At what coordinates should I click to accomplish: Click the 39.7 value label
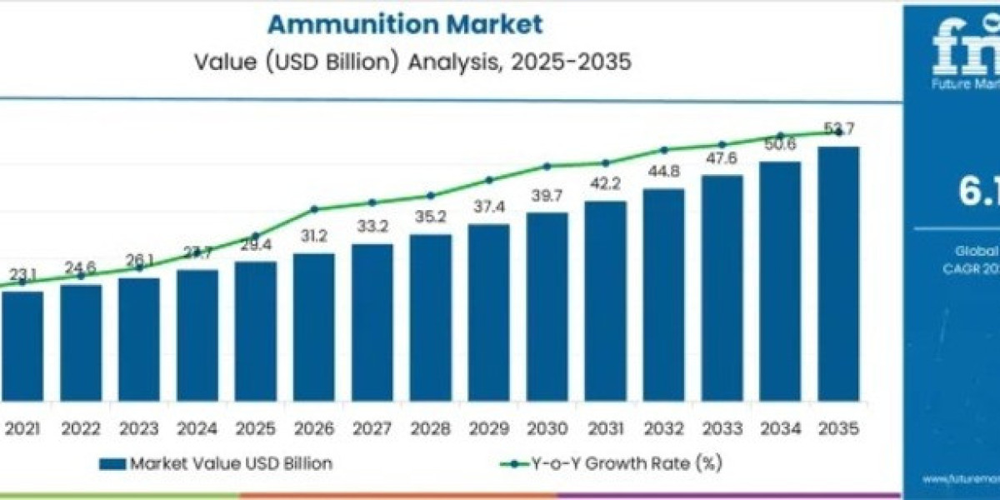tap(547, 196)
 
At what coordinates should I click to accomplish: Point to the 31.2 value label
tap(313, 237)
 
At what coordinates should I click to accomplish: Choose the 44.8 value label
tap(664, 173)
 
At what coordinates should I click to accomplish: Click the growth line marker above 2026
tap(314, 209)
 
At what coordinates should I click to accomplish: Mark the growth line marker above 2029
tap(489, 179)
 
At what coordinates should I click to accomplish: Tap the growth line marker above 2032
tap(664, 150)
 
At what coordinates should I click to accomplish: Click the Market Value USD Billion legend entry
tap(216, 464)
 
